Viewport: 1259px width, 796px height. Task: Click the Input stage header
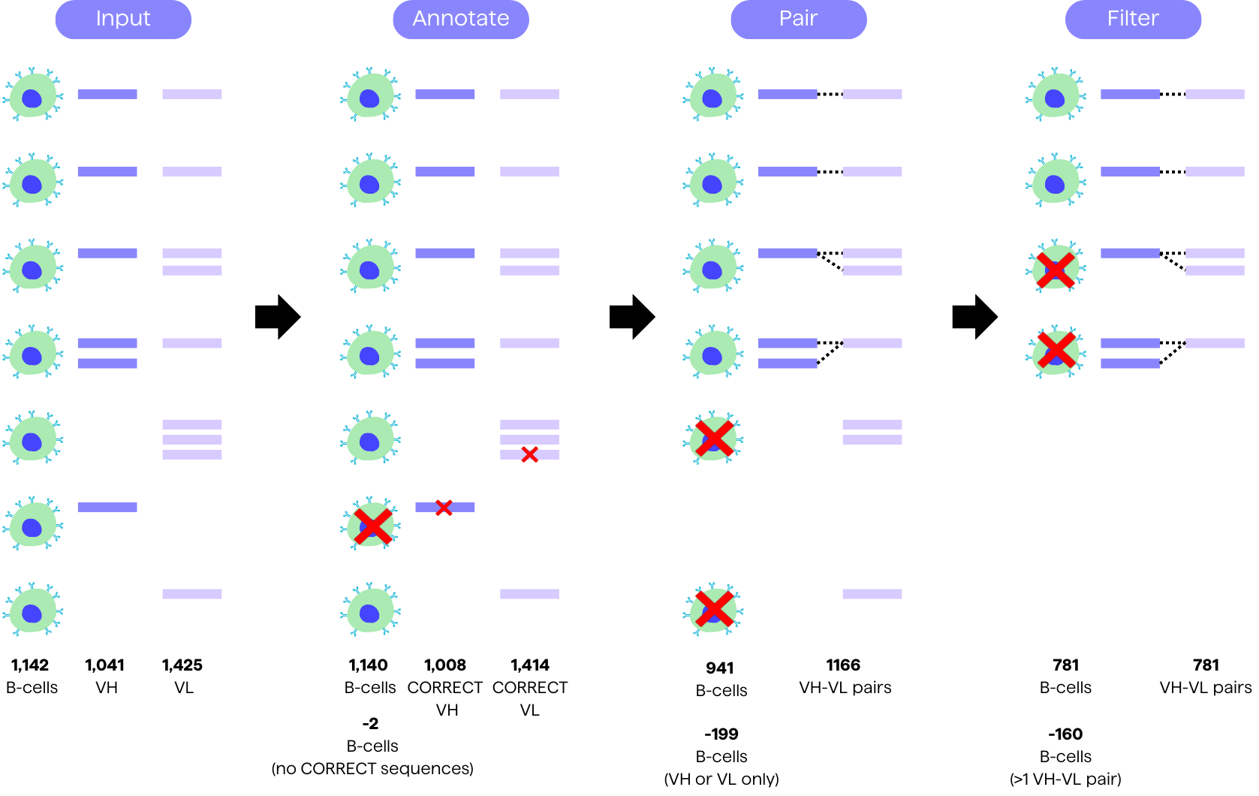pos(123,19)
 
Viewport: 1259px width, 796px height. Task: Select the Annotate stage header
pos(461,19)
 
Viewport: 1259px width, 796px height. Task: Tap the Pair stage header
pos(798,19)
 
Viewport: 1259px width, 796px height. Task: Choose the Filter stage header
pos(1133,19)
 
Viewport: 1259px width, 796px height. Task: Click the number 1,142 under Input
pos(30,665)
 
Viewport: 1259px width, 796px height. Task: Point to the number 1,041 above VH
pos(104,665)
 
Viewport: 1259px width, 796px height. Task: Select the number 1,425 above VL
pos(182,665)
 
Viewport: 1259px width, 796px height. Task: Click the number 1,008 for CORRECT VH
pos(445,665)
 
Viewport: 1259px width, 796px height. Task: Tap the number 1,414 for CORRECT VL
pos(530,665)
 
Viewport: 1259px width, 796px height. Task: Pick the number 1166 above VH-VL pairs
pos(843,665)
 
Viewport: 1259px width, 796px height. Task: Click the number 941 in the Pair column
pos(720,668)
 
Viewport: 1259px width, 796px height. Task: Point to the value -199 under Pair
pos(721,734)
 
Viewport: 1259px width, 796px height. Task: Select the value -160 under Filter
pos(1065,734)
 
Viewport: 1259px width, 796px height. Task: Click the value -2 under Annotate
pos(370,724)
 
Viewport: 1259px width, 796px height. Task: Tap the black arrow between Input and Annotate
pos(278,317)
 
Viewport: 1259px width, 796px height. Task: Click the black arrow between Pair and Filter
pos(974,317)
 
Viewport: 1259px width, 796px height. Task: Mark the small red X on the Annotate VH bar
pos(444,508)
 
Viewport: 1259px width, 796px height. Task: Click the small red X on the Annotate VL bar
pos(530,454)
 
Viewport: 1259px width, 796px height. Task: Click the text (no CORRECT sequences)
pos(372,769)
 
